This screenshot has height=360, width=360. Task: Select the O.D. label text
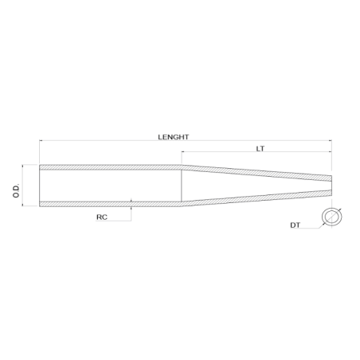17,186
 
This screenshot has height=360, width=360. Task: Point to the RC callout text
102,216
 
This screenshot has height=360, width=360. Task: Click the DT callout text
295,226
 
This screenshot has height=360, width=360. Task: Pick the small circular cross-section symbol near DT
331,217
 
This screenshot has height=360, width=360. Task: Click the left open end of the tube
40,186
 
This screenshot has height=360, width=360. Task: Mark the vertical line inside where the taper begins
182,186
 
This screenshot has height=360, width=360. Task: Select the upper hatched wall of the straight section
112,167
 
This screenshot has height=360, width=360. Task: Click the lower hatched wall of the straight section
112,204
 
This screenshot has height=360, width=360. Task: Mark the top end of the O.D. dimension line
25,166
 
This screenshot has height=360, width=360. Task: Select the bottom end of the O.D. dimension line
25,206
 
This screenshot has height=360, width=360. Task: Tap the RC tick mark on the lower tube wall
130,202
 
